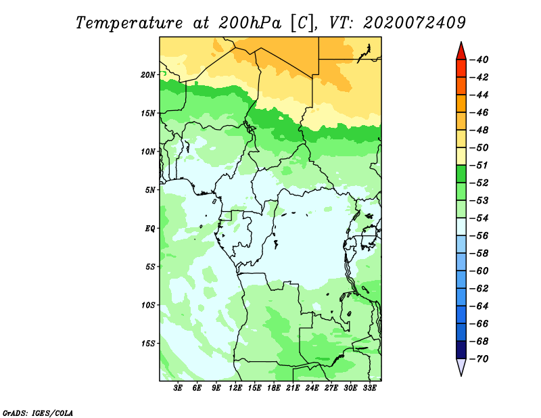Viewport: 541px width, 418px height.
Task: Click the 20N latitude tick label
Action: point(148,74)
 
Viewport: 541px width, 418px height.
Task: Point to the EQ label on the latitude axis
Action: point(150,228)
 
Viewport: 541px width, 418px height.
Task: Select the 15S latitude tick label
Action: point(148,344)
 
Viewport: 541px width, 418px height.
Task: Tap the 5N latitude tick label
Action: point(150,190)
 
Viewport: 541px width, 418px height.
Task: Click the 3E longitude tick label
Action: point(178,388)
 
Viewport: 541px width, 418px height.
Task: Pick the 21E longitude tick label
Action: point(293,388)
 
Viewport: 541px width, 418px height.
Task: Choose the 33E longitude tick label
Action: point(369,388)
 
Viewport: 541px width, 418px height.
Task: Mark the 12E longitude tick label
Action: point(235,388)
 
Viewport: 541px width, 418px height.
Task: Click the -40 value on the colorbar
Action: point(479,60)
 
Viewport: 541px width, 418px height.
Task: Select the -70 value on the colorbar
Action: point(479,359)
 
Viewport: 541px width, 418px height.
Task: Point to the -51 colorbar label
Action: point(479,165)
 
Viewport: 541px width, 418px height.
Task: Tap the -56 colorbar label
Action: point(479,236)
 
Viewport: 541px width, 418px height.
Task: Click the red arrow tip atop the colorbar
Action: point(461,43)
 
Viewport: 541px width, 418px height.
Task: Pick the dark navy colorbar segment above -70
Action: point(461,350)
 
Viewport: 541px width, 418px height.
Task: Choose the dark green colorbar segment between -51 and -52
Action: point(461,174)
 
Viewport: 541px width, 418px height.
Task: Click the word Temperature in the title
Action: point(129,24)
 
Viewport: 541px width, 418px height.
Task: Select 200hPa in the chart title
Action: point(250,23)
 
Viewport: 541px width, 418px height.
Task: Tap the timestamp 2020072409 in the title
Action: point(415,23)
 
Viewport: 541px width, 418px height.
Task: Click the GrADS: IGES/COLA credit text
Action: point(38,413)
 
